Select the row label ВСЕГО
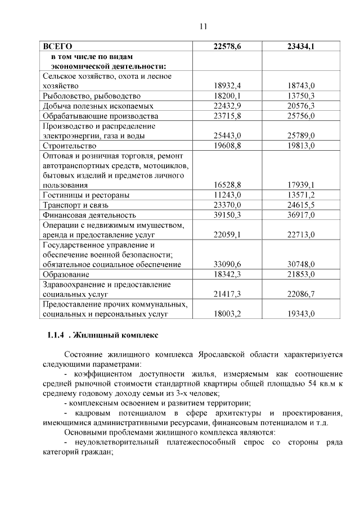click(58, 46)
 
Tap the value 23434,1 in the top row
click(300, 46)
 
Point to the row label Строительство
click(70, 146)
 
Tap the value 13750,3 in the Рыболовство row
click(300, 96)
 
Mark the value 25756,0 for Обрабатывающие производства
click(300, 116)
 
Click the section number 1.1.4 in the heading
click(56, 335)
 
